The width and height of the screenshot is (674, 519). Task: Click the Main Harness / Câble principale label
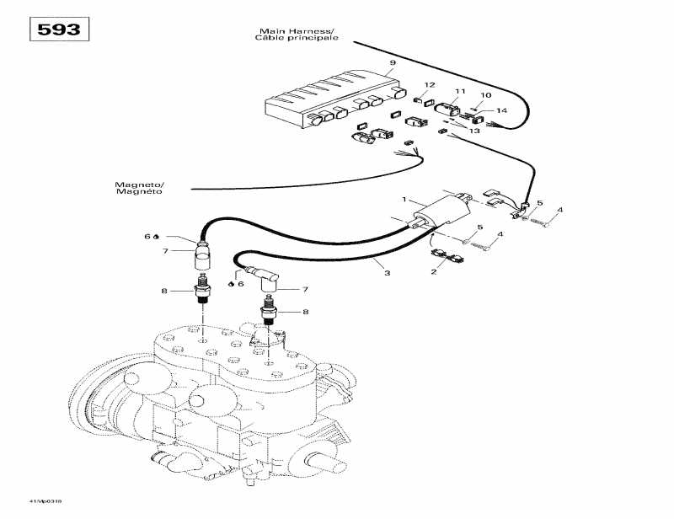point(298,35)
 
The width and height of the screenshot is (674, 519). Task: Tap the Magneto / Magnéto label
point(141,188)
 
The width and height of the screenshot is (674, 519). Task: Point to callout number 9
point(393,64)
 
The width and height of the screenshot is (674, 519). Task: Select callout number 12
point(430,85)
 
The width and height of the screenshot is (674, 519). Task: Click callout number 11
point(460,91)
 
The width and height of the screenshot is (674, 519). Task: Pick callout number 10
point(485,95)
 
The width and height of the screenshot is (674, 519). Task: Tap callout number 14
point(501,111)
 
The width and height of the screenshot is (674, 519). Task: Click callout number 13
point(474,131)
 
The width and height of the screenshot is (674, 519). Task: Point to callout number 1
point(404,200)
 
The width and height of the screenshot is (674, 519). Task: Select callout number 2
point(434,271)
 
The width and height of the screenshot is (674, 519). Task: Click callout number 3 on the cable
point(388,272)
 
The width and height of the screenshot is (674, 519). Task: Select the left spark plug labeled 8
point(203,291)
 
